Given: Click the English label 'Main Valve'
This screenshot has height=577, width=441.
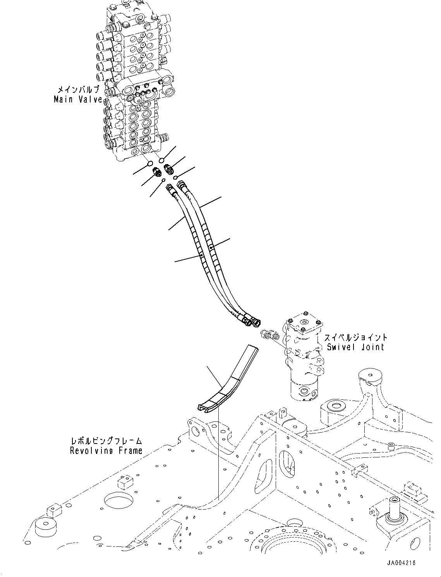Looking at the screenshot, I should tap(78, 99).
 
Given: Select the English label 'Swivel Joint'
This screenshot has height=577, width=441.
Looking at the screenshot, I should tap(355, 347).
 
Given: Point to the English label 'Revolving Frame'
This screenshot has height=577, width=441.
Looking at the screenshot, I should tap(106, 450).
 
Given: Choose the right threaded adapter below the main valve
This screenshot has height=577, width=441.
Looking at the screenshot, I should tap(170, 168).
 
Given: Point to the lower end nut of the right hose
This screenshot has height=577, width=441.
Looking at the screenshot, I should tap(256, 321).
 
